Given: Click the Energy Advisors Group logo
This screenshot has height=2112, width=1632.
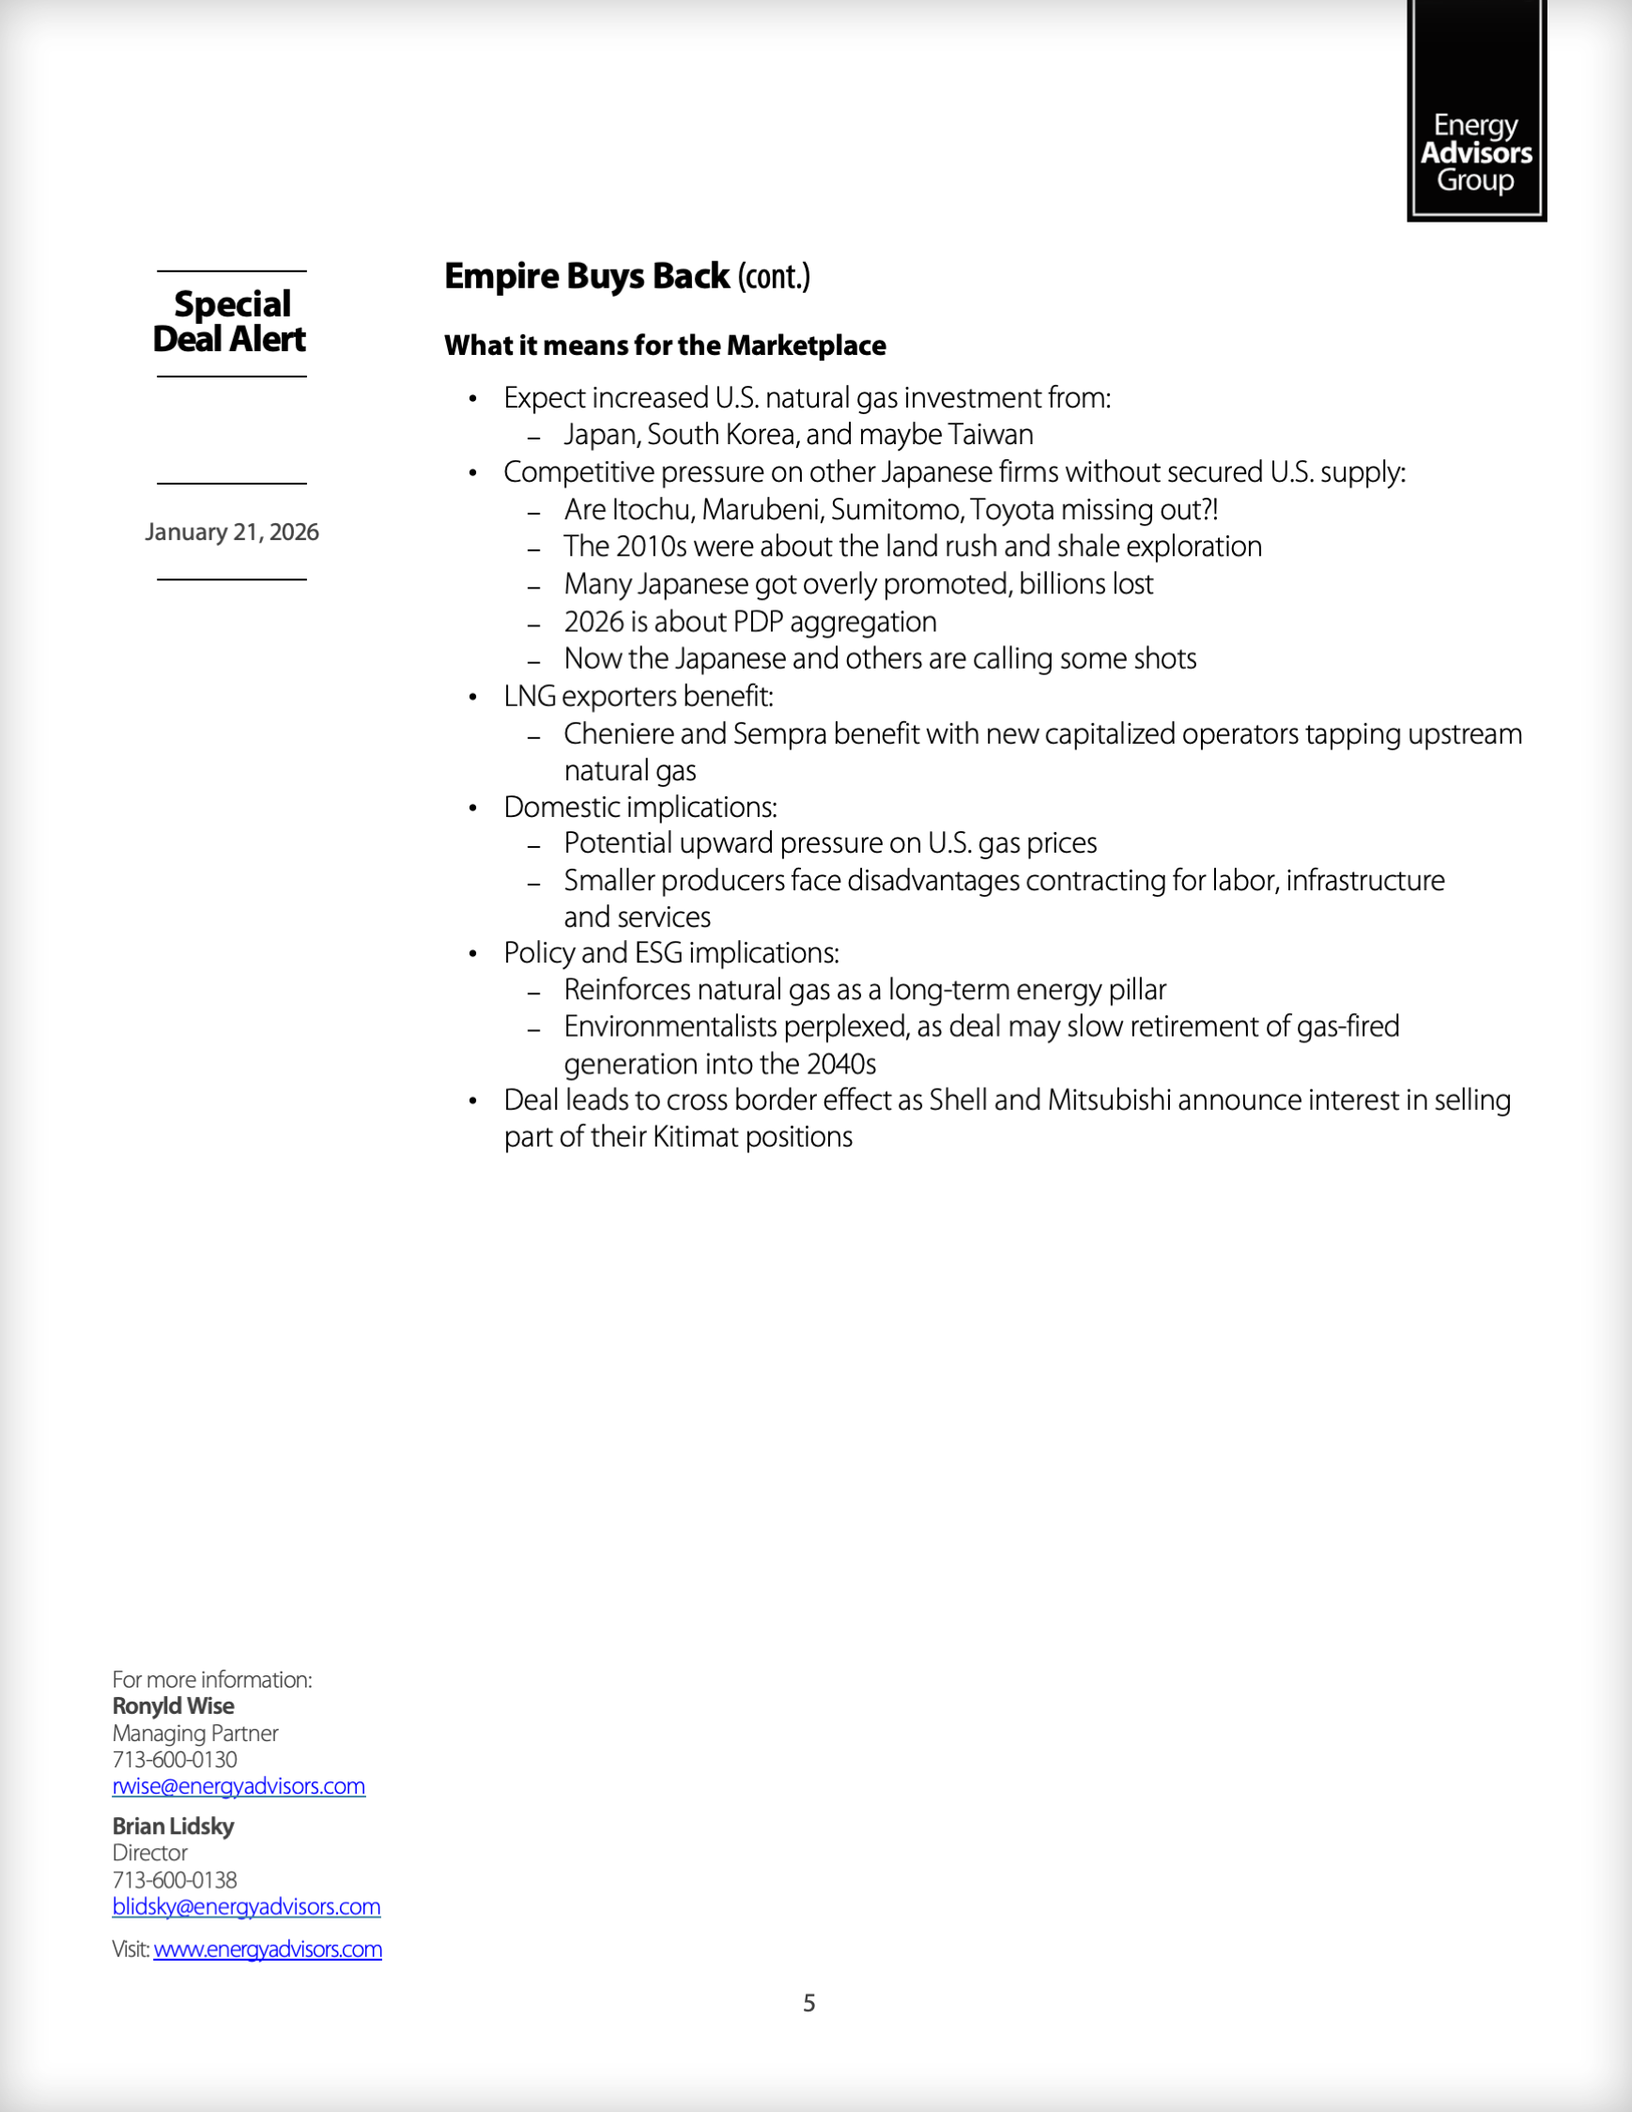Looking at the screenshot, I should tap(1475, 111).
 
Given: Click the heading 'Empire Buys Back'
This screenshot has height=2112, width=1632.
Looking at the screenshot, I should tap(587, 277).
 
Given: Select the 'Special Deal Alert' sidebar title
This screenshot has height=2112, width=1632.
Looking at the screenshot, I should tap(231, 322).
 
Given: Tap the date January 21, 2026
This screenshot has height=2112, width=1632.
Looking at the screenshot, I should tap(232, 532).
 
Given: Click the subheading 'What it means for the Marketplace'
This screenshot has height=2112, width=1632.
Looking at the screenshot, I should tap(665, 346).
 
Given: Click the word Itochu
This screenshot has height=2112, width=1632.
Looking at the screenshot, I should tap(653, 510).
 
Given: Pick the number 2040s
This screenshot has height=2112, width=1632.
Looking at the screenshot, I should tap(841, 1065).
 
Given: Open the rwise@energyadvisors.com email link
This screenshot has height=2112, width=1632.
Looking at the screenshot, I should tap(239, 1786).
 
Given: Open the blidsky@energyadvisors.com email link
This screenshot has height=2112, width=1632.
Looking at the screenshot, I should tap(247, 1907).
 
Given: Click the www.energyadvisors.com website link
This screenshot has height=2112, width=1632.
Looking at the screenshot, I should tap(268, 1950).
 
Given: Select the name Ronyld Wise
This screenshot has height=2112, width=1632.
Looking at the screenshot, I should tap(173, 1705).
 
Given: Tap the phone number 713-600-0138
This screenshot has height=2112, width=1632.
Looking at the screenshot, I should tap(175, 1880).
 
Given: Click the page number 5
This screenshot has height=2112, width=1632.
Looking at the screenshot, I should tap(809, 2003).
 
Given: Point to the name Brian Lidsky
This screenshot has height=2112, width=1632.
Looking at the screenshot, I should tap(173, 1826).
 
